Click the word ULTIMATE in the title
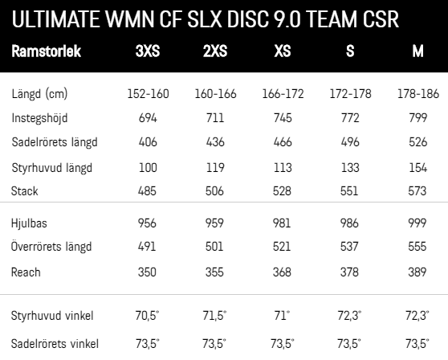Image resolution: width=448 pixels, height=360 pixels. click(56, 19)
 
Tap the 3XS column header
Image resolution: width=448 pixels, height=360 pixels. click(148, 51)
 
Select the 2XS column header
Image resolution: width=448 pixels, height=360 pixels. click(215, 51)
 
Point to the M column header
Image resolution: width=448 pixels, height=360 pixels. click(417, 51)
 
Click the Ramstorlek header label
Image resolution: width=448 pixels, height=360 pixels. click(47, 51)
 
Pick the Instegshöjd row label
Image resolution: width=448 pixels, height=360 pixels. click(39, 118)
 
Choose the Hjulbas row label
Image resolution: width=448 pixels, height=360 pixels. click(29, 223)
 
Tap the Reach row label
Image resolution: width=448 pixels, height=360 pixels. click(26, 272)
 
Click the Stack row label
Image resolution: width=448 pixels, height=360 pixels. click(25, 191)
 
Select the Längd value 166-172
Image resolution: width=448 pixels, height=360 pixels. click(283, 94)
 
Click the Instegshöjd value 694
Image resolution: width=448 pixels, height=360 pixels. click(148, 118)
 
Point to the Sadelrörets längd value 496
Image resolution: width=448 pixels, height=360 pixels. click(350, 142)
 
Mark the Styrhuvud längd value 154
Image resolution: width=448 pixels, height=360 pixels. click(417, 168)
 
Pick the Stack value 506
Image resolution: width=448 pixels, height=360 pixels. click(214, 191)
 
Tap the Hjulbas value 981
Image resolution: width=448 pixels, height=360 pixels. click(282, 223)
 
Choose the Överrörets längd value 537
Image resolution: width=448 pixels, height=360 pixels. click(349, 247)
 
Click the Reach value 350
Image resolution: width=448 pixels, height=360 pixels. click(147, 272)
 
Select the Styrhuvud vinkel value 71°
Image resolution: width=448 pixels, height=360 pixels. click(282, 316)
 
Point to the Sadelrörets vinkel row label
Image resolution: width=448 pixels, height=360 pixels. click(55, 344)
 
